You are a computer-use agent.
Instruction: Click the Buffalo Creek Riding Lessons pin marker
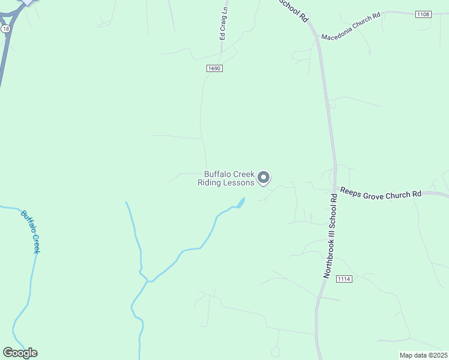pos(264,177)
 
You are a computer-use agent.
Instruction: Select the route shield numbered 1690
pos(215,69)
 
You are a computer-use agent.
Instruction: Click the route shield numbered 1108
pos(423,14)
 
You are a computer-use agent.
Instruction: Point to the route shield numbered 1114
pos(344,278)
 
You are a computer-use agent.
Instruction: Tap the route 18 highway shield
pos(5,28)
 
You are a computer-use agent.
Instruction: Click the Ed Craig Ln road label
pos(224,24)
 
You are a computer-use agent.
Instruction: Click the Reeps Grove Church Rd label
pos(381,193)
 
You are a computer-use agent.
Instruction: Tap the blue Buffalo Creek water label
pos(30,231)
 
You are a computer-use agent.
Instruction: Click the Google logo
pos(20,353)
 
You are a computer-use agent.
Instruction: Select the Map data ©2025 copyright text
pos(423,355)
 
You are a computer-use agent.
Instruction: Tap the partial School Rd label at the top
pos(296,11)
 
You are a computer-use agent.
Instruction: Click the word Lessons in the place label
pos(238,183)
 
